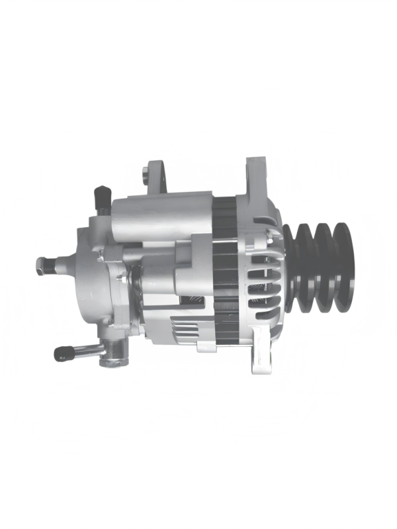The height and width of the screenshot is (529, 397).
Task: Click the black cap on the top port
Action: [x=101, y=196]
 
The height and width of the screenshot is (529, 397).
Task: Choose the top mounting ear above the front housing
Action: [x=255, y=175]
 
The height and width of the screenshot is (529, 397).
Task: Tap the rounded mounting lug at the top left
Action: [x=154, y=173]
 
